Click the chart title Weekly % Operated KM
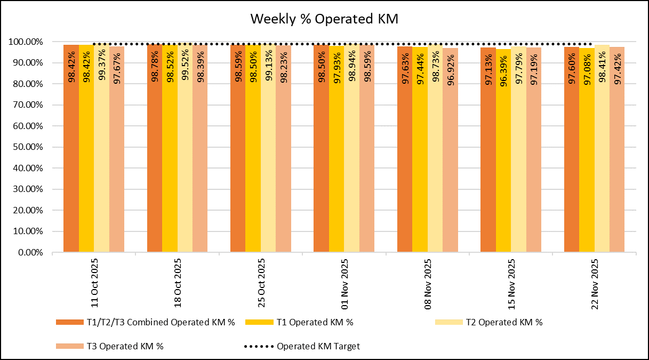click(324, 19)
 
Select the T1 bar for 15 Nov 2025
click(503, 160)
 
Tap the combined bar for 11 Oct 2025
click(71, 160)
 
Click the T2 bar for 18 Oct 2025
click(185, 160)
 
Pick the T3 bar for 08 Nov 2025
click(450, 160)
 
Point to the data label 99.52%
click(186, 67)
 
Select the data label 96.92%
click(451, 68)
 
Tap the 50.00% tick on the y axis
click(26, 147)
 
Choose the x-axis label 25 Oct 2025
click(261, 283)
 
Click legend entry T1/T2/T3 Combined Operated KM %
click(145, 322)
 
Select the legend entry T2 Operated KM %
click(488, 322)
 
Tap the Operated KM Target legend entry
click(302, 346)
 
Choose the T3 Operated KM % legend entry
click(109, 346)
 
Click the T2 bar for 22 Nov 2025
click(602, 160)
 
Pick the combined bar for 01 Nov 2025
click(321, 160)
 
